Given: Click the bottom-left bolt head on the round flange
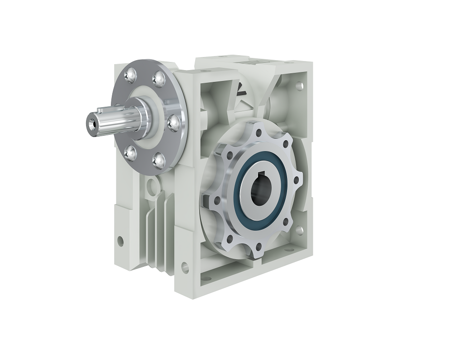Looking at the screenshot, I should (130, 154).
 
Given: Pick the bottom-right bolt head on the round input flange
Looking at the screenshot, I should (160, 160).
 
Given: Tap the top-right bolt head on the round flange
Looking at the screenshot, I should (159, 80).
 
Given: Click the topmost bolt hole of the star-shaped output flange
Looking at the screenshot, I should (259, 133).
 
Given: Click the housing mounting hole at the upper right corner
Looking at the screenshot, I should (299, 85).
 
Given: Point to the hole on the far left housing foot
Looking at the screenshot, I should (120, 240).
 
